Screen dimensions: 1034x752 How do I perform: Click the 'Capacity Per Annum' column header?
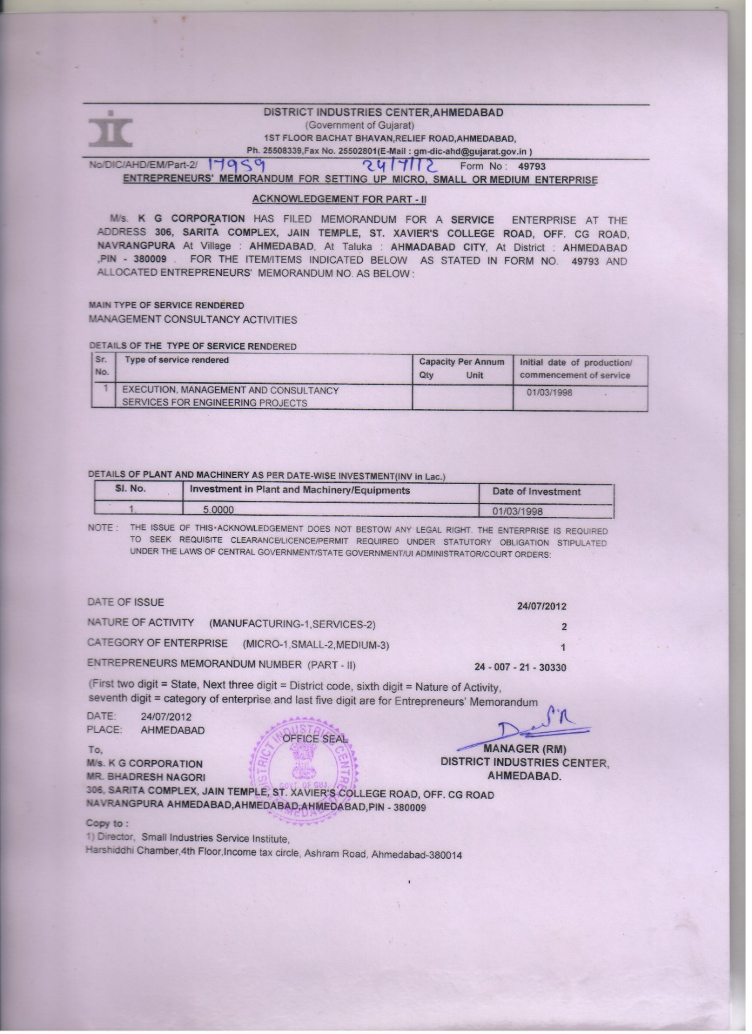click(x=462, y=363)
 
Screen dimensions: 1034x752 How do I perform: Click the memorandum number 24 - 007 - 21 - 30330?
click(x=520, y=668)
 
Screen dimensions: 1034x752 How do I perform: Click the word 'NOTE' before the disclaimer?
click(x=100, y=529)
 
